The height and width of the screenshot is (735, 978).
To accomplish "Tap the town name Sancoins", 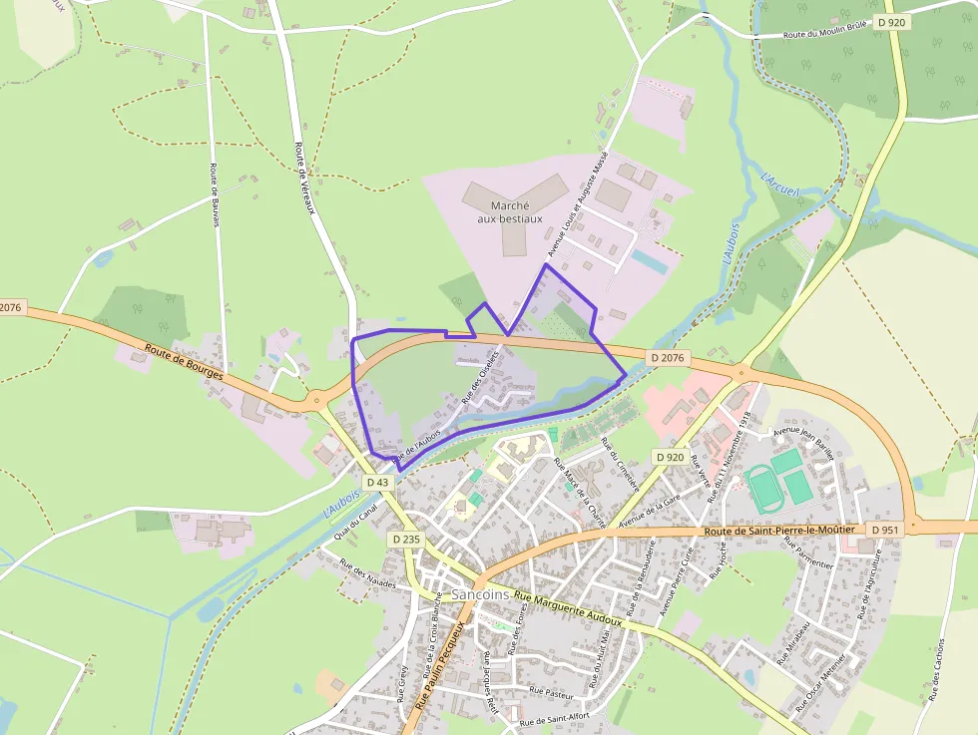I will (x=480, y=594).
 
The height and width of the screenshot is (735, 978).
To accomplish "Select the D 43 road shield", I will (x=377, y=482).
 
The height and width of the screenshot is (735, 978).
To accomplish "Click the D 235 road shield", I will (x=407, y=539).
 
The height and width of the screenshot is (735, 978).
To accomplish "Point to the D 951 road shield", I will (x=884, y=529).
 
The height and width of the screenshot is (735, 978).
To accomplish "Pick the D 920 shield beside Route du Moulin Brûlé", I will (x=891, y=21).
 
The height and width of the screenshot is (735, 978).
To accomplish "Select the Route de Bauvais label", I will (x=214, y=195).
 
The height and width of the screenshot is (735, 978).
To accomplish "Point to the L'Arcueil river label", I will (x=779, y=184).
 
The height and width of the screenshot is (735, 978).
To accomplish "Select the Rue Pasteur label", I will (x=552, y=691).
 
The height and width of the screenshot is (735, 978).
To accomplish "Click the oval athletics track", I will (x=765, y=489).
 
